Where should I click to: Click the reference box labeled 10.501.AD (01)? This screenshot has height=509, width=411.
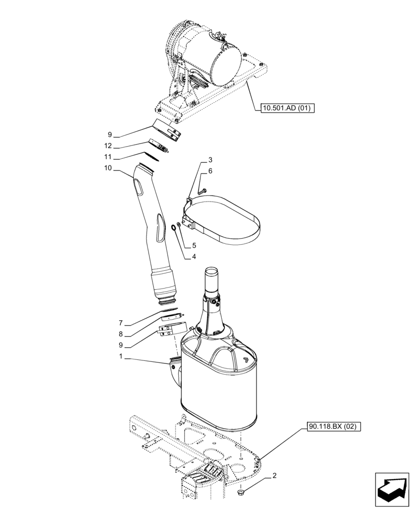(x=287, y=108)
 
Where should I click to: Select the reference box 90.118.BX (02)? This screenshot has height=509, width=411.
(x=333, y=426)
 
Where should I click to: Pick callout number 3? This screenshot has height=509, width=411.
(x=210, y=160)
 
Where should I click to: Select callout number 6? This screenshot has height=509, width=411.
(x=210, y=172)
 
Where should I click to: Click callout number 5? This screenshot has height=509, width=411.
(x=194, y=245)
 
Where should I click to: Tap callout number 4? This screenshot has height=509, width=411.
(x=194, y=257)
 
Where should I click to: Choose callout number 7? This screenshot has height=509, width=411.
(x=121, y=323)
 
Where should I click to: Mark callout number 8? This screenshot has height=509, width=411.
(x=121, y=334)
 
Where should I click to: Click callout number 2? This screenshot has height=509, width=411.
(x=275, y=476)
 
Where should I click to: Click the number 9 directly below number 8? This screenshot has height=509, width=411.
(x=121, y=346)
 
